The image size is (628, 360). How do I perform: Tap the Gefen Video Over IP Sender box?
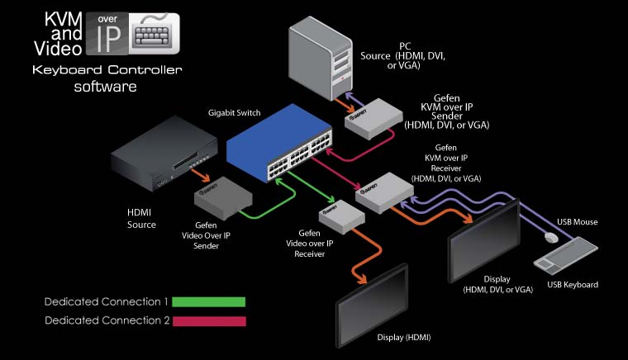(x=221, y=197)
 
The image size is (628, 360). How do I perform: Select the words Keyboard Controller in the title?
(x=105, y=70)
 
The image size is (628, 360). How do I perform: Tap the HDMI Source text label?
(x=142, y=219)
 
